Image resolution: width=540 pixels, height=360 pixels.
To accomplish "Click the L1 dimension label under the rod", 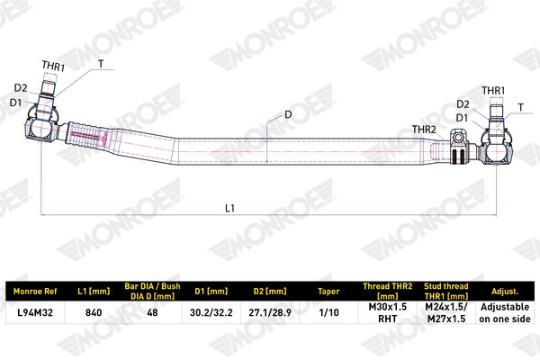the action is click(x=229, y=208).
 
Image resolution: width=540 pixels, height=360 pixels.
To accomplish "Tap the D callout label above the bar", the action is click(x=288, y=114).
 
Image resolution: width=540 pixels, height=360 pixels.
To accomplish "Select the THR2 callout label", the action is click(x=424, y=130).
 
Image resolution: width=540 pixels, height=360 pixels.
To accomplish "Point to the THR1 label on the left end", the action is click(x=53, y=66).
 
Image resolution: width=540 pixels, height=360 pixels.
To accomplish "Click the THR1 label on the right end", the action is click(x=493, y=91).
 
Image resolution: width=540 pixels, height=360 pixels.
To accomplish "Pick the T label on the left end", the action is click(x=101, y=64).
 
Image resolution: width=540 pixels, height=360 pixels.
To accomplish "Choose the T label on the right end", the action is click(x=521, y=107).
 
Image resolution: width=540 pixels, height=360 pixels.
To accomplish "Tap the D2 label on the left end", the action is click(x=21, y=88).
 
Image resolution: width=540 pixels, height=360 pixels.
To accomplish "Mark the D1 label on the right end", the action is click(x=462, y=118).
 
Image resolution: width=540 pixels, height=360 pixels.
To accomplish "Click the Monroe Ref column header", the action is click(x=35, y=292).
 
